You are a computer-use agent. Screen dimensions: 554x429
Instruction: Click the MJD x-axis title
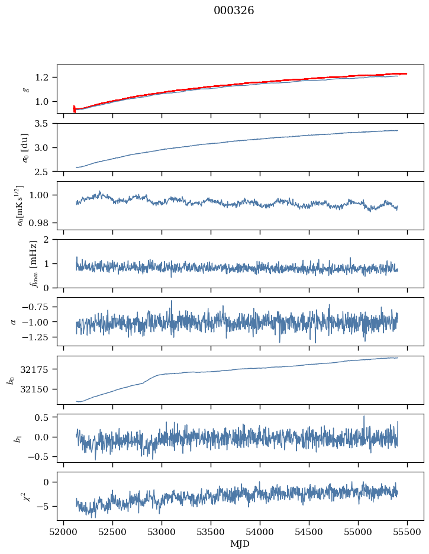tap(240, 543)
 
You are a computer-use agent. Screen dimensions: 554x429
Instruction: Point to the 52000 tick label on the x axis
tap(64, 532)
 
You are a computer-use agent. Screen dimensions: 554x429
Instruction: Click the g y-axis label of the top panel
tap(25, 89)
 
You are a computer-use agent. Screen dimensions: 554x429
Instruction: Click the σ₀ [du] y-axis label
tap(25, 147)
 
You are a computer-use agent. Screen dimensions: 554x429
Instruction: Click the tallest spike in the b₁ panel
tap(364, 416)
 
